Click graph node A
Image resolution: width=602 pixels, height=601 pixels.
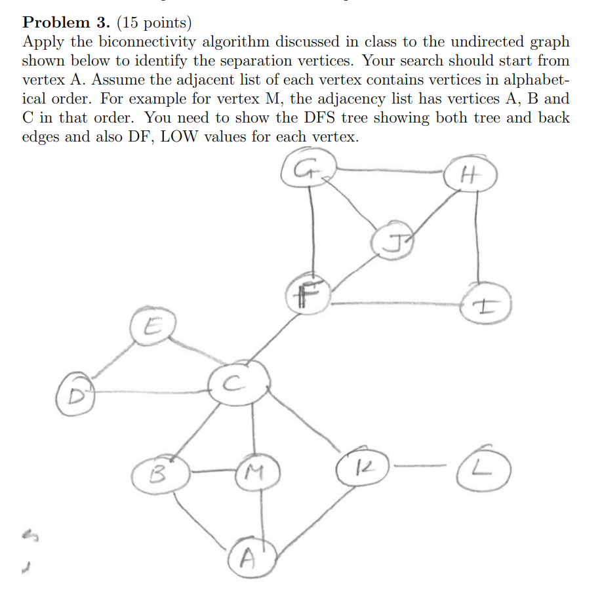[x=247, y=558]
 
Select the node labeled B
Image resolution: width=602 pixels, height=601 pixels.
[x=159, y=473]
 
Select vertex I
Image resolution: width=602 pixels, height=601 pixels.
[x=485, y=305]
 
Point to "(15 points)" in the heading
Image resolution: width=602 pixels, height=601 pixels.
[x=153, y=24]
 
